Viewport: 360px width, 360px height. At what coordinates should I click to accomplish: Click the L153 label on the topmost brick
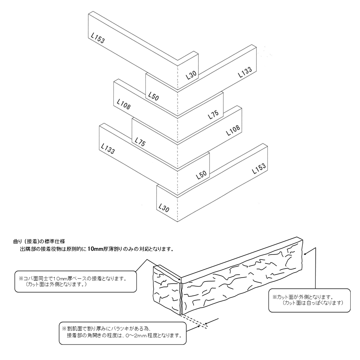click(x=98, y=38)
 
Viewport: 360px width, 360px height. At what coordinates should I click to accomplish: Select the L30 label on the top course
click(x=191, y=75)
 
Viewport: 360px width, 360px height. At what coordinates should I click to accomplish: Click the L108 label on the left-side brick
click(x=123, y=104)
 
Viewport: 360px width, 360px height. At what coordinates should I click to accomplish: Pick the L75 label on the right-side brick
click(x=213, y=116)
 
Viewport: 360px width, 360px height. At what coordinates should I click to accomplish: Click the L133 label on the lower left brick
click(x=108, y=149)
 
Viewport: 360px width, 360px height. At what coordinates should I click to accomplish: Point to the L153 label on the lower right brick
click(x=259, y=168)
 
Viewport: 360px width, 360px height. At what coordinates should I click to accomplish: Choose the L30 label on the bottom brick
click(x=163, y=207)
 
